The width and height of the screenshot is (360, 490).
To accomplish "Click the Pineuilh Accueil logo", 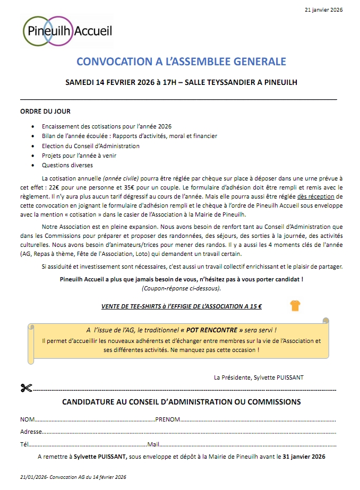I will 67,31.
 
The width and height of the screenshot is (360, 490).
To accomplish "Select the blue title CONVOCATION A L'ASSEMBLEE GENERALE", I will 181,62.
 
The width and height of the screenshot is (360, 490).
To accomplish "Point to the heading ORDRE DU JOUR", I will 45,111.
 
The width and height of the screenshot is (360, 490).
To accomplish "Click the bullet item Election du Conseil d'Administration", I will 90,146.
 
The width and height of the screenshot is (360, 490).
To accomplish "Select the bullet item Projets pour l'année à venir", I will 79,156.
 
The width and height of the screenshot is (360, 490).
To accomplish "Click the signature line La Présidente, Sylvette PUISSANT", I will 259,377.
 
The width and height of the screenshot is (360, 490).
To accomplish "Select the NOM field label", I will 28,419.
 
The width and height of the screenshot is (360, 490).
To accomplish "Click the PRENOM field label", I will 168,419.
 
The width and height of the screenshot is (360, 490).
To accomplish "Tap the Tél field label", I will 24,444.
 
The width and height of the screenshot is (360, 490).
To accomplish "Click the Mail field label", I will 153,444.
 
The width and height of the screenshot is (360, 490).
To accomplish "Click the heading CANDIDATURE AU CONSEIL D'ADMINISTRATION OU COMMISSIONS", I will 181,402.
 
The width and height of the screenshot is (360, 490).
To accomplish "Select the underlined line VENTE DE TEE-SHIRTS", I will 182,306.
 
